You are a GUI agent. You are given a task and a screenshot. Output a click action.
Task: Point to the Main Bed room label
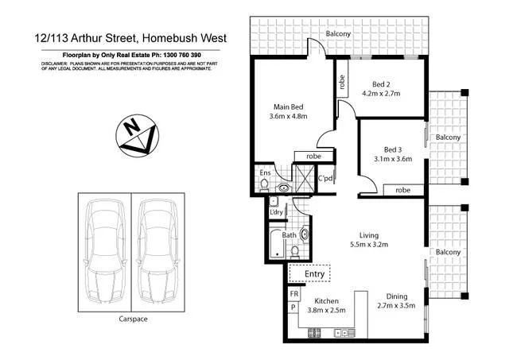(x=289, y=106)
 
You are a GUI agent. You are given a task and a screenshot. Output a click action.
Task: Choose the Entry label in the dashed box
(x=316, y=275)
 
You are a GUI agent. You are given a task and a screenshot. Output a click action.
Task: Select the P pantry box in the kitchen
(x=293, y=307)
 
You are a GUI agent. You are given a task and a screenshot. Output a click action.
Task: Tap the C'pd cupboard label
(x=324, y=178)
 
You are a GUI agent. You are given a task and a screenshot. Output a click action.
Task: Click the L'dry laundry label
(x=277, y=211)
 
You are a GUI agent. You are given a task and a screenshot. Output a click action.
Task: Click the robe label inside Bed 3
(x=402, y=190)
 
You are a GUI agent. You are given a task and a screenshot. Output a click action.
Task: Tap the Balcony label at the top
(x=339, y=33)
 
